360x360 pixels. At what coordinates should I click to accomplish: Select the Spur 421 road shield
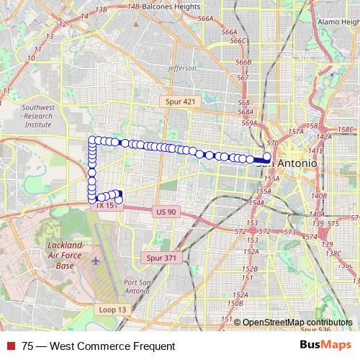(x=178, y=102)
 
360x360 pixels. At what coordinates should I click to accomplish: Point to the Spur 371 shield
(x=161, y=257)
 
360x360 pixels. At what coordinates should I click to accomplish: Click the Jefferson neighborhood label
(x=181, y=68)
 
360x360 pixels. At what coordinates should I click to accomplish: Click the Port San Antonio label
(x=140, y=286)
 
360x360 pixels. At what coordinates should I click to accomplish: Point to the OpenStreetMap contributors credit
(x=297, y=323)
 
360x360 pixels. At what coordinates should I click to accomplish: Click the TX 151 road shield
(x=106, y=205)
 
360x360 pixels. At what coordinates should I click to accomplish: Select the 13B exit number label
(x=101, y=9)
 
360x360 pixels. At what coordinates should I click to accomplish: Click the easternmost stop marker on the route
(x=267, y=156)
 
